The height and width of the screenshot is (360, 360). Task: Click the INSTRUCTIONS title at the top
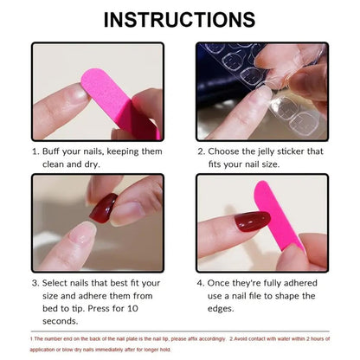pyautogui.click(x=180, y=19)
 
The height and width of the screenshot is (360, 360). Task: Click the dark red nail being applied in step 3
pyautogui.click(x=103, y=208)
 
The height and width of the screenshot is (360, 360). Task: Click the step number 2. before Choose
pyautogui.click(x=201, y=151)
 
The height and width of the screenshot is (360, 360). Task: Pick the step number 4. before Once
pyautogui.click(x=201, y=282)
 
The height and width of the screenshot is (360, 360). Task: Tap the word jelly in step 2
pyautogui.click(x=275, y=151)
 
